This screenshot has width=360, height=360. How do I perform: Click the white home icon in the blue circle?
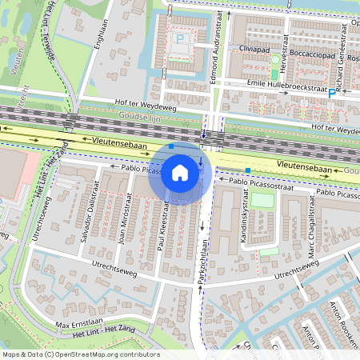coord(180,172)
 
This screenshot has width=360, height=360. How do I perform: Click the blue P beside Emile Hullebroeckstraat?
coord(332,94)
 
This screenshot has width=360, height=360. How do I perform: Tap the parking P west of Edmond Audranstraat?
coord(182,38)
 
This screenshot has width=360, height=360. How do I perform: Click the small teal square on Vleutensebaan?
coord(249,170)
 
